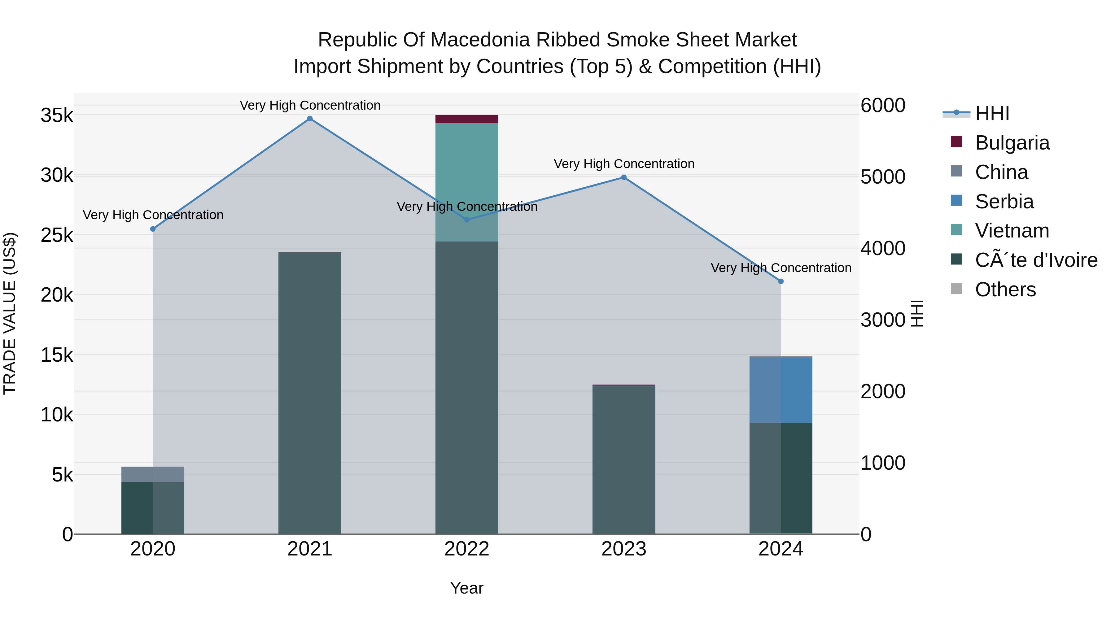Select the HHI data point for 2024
[x=781, y=281]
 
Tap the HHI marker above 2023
[x=624, y=177]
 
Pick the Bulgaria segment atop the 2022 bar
[x=467, y=119]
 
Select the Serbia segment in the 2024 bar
[x=781, y=390]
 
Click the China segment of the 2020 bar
[x=153, y=474]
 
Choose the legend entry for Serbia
[x=1004, y=202]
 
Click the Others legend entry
[x=1005, y=290]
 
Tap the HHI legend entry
[x=992, y=113]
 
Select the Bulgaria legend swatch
[x=957, y=142]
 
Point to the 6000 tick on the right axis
[x=883, y=106]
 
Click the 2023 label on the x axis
[x=624, y=549]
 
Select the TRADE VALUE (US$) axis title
[x=10, y=313]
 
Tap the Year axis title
[x=467, y=588]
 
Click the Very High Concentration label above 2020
[x=153, y=215]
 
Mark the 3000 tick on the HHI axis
[x=883, y=320]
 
